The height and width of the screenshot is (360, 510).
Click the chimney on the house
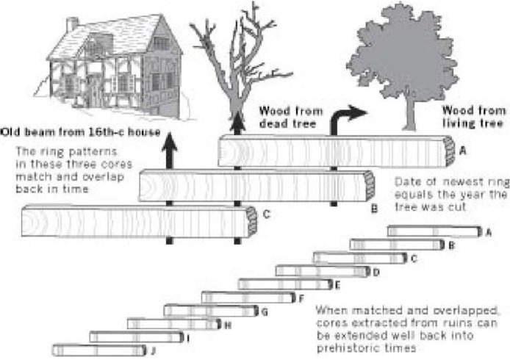[x=72, y=25]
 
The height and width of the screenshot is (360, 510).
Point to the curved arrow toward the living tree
[x=345, y=117]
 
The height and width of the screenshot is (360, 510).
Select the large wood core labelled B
[x=254, y=185]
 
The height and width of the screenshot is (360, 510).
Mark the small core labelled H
[x=173, y=324]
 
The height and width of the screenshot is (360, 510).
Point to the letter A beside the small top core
[x=488, y=231]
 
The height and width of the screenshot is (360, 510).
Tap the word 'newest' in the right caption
[x=448, y=192]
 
